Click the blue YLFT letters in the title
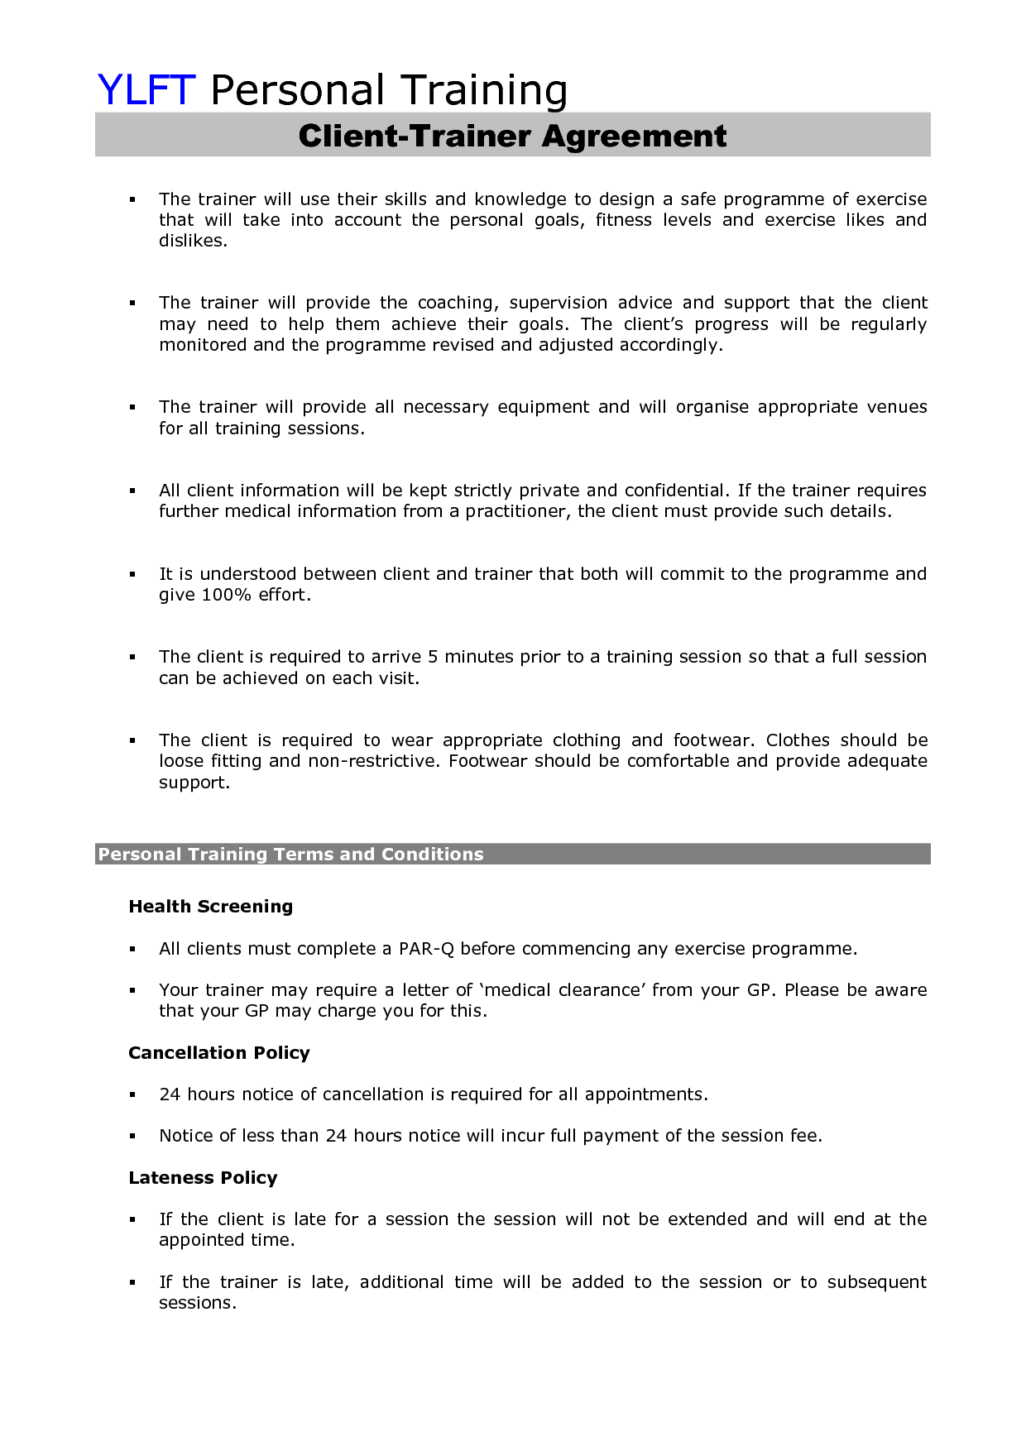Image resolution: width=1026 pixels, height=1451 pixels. [x=146, y=89]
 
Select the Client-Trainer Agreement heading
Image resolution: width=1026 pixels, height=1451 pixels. [x=512, y=136]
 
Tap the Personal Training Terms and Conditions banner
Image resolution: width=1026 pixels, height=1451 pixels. [x=290, y=855]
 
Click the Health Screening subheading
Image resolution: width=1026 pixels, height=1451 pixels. [x=210, y=907]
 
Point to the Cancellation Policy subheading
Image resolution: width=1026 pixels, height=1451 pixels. [x=218, y=1053]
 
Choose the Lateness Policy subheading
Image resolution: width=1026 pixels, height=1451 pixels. [x=203, y=1178]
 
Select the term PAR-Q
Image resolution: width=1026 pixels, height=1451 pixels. [x=426, y=949]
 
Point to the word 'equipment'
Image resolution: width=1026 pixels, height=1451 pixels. [x=543, y=407]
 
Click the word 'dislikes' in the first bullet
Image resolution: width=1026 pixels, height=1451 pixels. [x=191, y=241]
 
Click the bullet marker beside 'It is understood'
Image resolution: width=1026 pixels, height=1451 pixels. [x=132, y=574]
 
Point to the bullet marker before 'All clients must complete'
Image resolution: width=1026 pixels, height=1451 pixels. [x=132, y=950]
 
